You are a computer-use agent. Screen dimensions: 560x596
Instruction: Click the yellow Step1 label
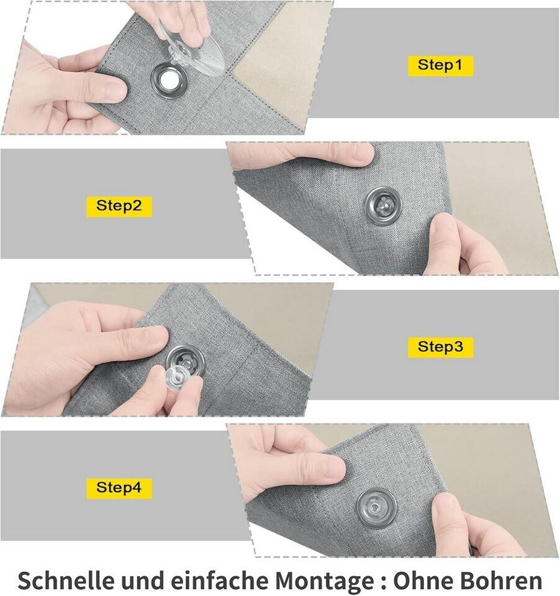(x=440, y=66)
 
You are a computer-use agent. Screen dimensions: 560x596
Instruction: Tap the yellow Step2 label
(x=119, y=206)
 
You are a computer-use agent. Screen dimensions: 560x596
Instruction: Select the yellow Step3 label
(x=440, y=347)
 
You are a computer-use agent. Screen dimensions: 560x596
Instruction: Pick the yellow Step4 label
(x=119, y=488)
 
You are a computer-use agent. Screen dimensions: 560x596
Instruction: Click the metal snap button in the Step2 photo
(x=383, y=205)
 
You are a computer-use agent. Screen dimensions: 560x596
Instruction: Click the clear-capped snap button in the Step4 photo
(x=376, y=507)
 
